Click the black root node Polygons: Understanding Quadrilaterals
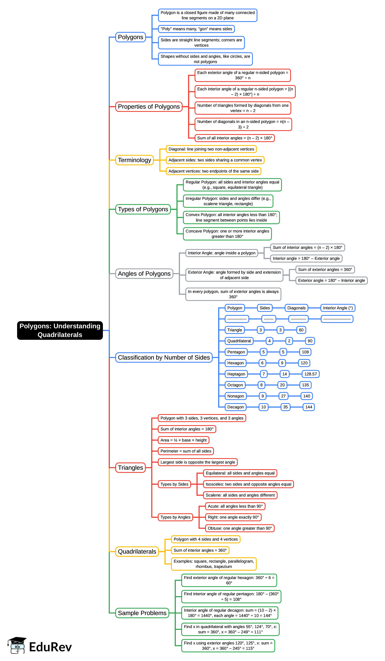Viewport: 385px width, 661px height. (60, 330)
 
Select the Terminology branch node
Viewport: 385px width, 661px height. (135, 160)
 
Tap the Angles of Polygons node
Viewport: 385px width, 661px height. (144, 274)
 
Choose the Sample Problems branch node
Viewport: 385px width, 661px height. (142, 613)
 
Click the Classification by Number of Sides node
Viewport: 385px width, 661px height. (164, 357)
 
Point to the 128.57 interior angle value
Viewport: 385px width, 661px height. (310, 374)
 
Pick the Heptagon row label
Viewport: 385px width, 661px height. (236, 374)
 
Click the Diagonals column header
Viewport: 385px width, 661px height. (296, 308)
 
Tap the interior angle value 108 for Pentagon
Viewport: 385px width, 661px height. (305, 352)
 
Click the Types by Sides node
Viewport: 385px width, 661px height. (174, 484)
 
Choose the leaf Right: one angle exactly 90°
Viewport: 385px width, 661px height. (233, 517)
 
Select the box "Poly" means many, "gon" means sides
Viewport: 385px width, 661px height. (196, 29)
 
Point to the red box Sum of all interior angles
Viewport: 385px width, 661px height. (235, 138)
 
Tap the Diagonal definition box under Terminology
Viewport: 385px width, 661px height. (211, 149)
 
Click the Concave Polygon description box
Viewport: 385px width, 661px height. (227, 234)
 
